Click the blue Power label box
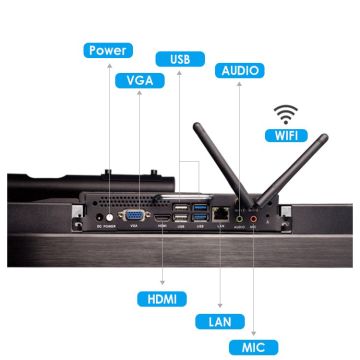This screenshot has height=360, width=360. [x=107, y=51]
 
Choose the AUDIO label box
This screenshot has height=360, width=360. [x=239, y=71]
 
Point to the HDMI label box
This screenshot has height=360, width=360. [x=160, y=298]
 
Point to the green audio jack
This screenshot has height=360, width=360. [x=238, y=213]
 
